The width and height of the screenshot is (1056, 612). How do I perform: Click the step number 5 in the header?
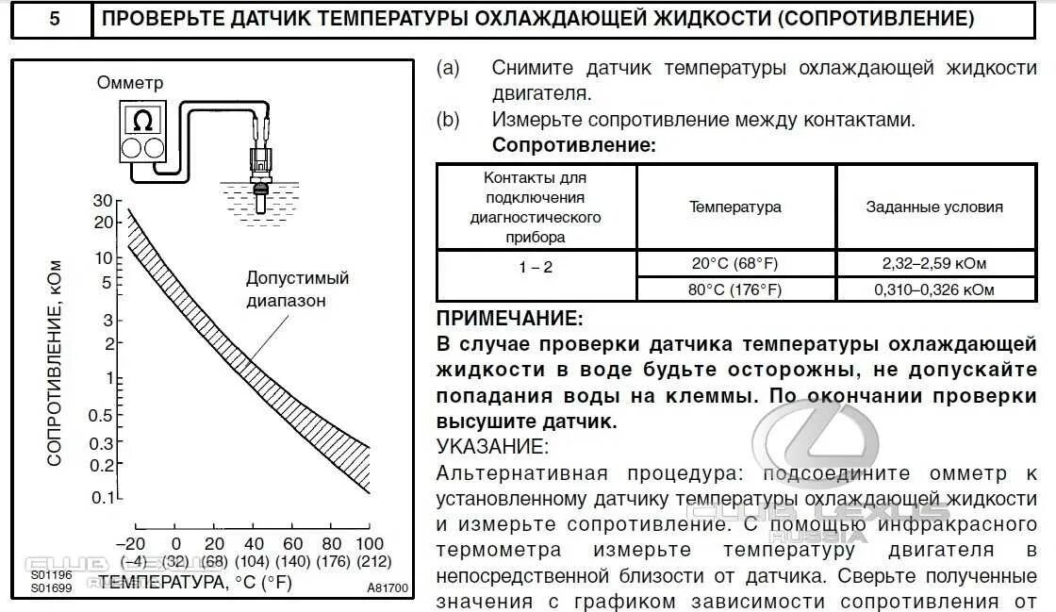click(x=54, y=18)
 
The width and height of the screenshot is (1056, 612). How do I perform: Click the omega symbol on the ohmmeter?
click(x=143, y=121)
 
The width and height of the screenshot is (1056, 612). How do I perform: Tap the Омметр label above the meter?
click(x=130, y=84)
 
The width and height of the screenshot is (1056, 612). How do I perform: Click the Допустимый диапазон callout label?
click(x=297, y=289)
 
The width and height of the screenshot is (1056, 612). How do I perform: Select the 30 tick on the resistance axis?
click(x=103, y=201)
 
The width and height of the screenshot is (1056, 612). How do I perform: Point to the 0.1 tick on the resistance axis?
click(x=102, y=496)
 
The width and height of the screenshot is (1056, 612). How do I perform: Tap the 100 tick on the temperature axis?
click(x=370, y=543)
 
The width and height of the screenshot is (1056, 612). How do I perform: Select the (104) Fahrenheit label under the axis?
click(x=254, y=563)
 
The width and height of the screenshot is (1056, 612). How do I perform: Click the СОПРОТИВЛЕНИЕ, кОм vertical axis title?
click(x=54, y=362)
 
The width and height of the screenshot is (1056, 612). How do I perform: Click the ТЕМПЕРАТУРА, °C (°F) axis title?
click(x=195, y=583)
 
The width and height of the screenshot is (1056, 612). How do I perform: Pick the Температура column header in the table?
click(x=734, y=207)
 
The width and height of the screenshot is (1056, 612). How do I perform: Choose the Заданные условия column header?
click(x=934, y=207)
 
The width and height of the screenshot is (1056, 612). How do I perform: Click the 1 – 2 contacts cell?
click(x=536, y=268)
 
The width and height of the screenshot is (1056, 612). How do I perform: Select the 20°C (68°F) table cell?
click(x=734, y=264)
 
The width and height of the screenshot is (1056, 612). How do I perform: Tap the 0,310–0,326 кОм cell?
click(x=933, y=289)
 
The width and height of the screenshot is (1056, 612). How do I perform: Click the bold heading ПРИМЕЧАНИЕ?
click(x=510, y=320)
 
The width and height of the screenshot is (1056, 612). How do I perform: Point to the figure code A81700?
click(x=388, y=588)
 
